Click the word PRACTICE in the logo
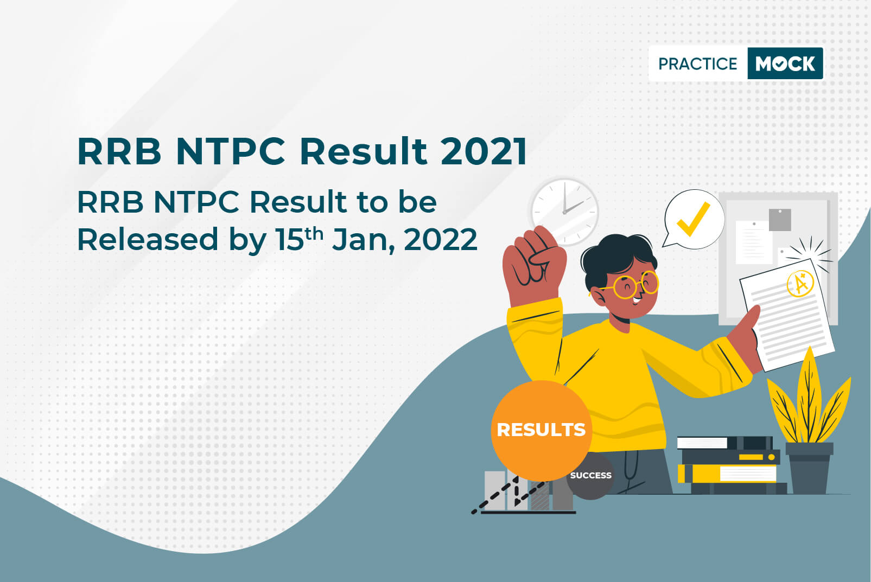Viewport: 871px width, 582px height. click(x=697, y=63)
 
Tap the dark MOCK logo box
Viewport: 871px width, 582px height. click(x=785, y=63)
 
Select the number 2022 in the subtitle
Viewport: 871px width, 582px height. click(x=441, y=239)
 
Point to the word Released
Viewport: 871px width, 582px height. click(x=148, y=239)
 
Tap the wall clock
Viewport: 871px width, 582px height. click(x=564, y=212)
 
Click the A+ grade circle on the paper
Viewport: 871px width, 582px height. click(x=800, y=283)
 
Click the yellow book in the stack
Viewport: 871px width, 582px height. click(x=727, y=474)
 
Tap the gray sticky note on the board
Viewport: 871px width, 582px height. click(x=780, y=220)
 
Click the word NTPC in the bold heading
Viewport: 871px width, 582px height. click(x=231, y=151)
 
